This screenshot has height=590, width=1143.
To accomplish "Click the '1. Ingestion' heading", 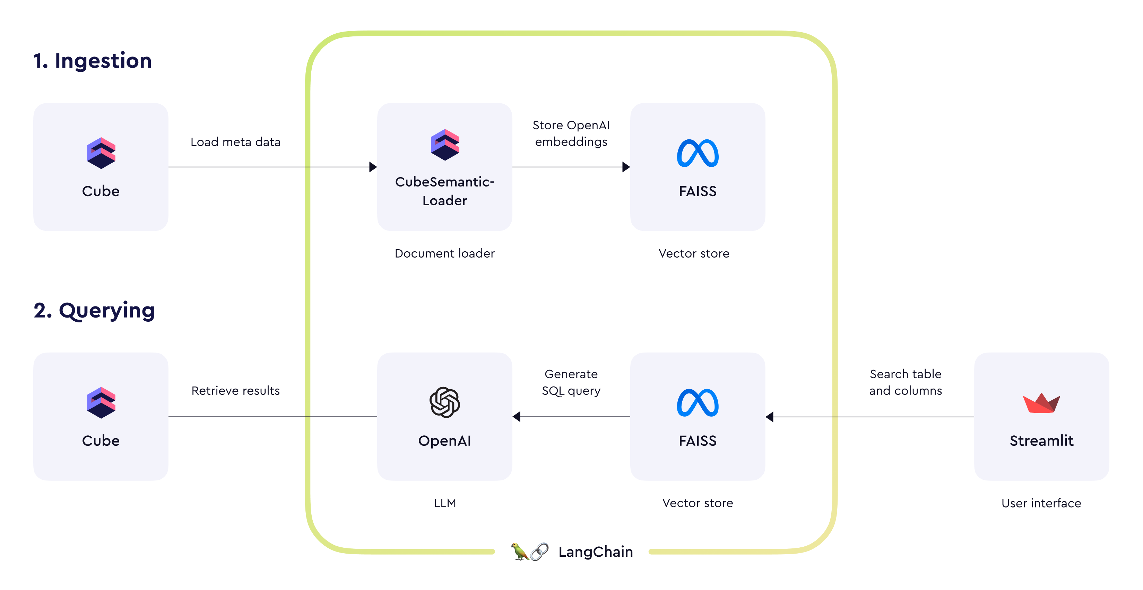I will tap(92, 61).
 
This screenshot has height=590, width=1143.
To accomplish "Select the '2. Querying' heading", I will tap(94, 310).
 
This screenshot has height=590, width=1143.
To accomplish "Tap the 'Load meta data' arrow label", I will tap(236, 142).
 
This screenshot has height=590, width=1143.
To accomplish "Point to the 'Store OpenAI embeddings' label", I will tap(571, 133).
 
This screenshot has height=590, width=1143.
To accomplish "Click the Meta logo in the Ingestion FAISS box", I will tap(698, 154).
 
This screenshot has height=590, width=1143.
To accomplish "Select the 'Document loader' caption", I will tap(444, 253).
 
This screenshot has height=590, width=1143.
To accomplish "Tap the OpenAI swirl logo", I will tap(444, 402).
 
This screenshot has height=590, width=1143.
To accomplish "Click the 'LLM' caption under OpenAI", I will tap(444, 503).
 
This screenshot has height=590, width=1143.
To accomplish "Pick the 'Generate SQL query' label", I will tap(571, 382).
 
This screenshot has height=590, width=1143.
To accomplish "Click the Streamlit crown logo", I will tap(1041, 403).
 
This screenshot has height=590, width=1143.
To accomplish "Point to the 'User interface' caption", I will tap(1041, 503).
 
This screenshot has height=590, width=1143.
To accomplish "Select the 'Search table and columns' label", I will tap(905, 382).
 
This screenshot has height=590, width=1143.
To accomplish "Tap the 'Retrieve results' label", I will tap(236, 391).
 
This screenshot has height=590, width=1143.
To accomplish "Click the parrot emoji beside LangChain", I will tap(519, 552).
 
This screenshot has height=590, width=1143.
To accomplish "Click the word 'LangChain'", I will tap(596, 552).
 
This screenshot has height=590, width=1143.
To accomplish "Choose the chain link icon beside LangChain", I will tap(539, 552).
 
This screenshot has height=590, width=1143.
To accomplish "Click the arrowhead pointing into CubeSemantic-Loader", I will tap(373, 167).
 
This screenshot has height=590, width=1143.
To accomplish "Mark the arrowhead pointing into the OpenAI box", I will tap(517, 417).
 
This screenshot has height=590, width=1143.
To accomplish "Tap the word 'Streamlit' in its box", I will tap(1041, 441).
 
